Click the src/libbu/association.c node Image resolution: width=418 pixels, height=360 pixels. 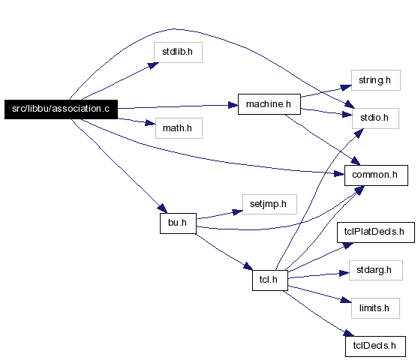(x=61, y=109)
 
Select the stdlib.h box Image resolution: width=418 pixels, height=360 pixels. (x=178, y=52)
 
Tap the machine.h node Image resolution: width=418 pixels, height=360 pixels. (x=269, y=104)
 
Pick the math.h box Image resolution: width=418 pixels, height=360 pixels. (x=179, y=128)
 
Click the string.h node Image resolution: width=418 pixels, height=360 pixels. (x=376, y=80)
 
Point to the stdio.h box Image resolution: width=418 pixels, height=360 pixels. (x=375, y=118)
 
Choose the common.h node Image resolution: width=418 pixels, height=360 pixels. (x=376, y=175)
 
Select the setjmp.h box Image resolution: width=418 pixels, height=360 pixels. (x=269, y=204)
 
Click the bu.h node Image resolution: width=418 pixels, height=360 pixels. (x=178, y=223)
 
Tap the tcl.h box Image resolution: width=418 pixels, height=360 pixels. (x=270, y=280)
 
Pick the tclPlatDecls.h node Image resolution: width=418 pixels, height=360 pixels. (x=376, y=232)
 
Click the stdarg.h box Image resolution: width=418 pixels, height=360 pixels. (x=376, y=270)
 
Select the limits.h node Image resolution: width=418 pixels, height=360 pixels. (x=375, y=308)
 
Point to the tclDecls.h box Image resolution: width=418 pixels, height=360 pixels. (x=376, y=346)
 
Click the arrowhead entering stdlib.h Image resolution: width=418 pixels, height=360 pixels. (x=153, y=65)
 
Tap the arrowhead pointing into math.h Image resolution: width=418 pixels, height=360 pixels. (x=150, y=123)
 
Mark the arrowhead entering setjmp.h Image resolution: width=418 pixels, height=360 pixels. (x=238, y=212)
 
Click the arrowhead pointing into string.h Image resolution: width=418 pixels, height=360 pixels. (x=346, y=88)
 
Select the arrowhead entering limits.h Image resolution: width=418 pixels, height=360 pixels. (x=346, y=300)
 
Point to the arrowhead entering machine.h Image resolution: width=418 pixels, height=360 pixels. (x=233, y=105)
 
